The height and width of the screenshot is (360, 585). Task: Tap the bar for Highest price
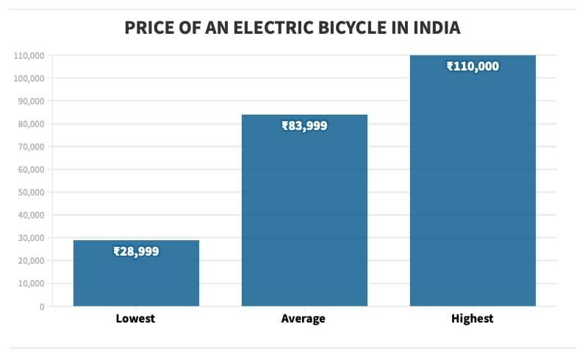point(473,184)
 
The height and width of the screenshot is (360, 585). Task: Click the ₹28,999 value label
point(136,251)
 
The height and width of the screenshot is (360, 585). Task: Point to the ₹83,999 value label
point(304,126)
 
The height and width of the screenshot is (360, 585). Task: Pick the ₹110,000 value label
point(473,66)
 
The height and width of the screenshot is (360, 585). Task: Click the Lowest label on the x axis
point(136,319)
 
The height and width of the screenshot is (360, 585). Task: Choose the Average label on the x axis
point(303,319)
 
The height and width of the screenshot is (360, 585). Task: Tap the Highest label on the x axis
point(472,319)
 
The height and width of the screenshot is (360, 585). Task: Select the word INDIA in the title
point(434,29)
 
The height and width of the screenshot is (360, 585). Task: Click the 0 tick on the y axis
point(43,306)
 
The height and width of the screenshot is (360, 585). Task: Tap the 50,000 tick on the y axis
point(29,192)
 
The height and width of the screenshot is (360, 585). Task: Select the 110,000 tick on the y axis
point(28,56)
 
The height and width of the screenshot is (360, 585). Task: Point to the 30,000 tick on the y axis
point(29,238)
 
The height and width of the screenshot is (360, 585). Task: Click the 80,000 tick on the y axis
point(29,124)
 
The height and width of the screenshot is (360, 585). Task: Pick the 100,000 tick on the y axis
point(28,79)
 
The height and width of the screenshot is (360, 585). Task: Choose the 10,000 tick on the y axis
point(29,284)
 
